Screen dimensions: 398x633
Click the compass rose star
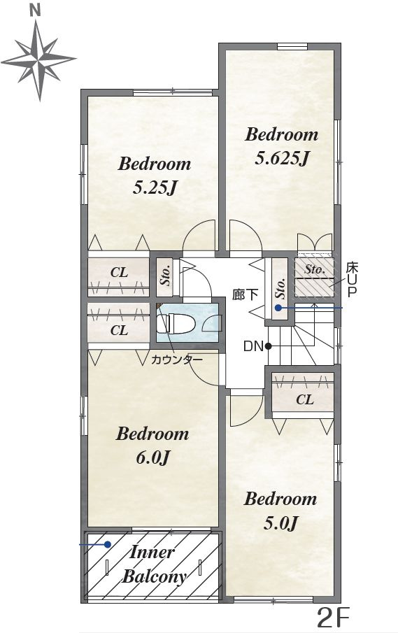[39, 59]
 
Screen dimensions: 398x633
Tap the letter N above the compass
[36, 11]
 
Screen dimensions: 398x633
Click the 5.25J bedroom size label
[155, 187]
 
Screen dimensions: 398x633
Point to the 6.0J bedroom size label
[152, 458]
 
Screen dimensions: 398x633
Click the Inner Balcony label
[154, 564]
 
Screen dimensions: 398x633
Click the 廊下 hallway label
[245, 294]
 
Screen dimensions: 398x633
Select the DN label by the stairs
[253, 346]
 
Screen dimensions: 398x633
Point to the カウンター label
[176, 360]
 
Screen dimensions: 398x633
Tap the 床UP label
[352, 279]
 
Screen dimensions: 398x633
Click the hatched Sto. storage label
[315, 269]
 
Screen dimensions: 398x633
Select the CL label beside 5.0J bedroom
[305, 399]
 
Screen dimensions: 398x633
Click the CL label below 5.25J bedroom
[119, 273]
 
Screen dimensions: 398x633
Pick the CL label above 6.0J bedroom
[119, 331]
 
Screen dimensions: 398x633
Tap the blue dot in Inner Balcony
[108, 544]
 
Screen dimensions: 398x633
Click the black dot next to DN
[268, 346]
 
